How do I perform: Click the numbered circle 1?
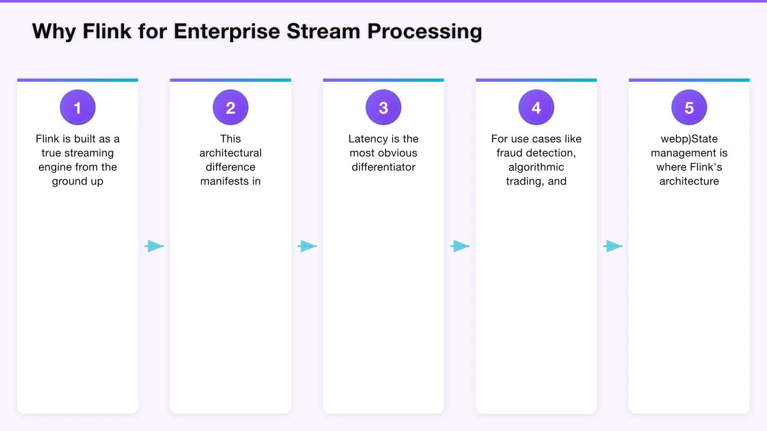(77, 108)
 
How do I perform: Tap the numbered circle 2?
(230, 108)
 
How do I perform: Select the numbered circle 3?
(383, 108)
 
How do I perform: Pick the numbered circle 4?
(536, 108)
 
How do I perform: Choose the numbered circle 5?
(689, 108)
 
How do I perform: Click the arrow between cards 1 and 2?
(154, 246)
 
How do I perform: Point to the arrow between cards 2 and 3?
(307, 246)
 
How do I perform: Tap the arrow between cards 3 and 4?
(460, 246)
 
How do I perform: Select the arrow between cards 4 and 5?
(613, 246)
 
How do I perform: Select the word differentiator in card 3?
(383, 167)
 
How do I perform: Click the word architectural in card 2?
(230, 153)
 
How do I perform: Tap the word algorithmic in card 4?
(536, 167)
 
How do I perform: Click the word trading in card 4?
(523, 181)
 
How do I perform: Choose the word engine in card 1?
(55, 167)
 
